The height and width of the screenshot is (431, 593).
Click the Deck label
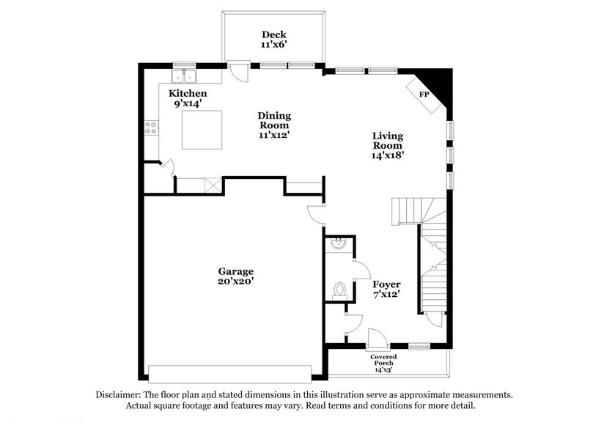click(x=273, y=34)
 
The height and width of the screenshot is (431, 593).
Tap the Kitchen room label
click(x=188, y=93)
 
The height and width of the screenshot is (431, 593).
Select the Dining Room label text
click(x=273, y=120)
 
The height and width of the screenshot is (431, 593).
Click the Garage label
click(x=235, y=270)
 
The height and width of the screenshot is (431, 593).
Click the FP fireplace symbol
click(x=424, y=95)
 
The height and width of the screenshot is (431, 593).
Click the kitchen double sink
click(x=184, y=75)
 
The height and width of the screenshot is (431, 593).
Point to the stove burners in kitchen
click(x=151, y=128)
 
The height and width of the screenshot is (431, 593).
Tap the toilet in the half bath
click(x=339, y=290)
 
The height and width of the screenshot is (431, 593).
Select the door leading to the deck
click(x=238, y=70)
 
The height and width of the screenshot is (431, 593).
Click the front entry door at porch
click(x=377, y=339)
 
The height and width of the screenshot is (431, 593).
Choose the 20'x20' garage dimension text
click(x=235, y=281)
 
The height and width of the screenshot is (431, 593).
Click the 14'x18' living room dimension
click(x=388, y=155)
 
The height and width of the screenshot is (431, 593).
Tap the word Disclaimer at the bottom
click(x=120, y=394)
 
